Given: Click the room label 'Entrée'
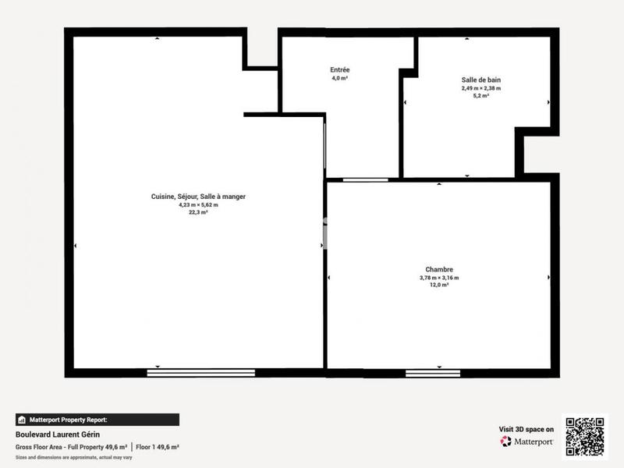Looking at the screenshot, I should coord(339,69).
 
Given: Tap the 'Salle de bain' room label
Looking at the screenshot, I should coord(480,80).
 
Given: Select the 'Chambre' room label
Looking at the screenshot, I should coord(439,269).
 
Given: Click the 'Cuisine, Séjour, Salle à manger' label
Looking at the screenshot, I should coord(198,197).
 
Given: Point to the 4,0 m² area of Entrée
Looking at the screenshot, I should coord(339,78).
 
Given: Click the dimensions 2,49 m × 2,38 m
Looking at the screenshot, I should coord(480,88).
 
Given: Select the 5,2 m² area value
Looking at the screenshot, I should coord(480,96).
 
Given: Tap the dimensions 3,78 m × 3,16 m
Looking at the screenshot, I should coord(439,278).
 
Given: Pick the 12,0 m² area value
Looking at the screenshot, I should coord(439,285).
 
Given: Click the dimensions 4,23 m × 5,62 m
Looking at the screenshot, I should coord(198,205).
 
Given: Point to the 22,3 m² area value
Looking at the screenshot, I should coord(198,212).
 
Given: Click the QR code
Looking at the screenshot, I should coord(584,437).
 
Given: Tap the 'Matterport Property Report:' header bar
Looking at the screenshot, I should coord(97,419).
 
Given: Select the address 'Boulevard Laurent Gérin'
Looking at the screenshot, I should coord(58,434).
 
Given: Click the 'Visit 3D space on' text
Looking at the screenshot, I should coord(526,429).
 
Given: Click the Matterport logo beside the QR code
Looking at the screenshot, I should coord(527,441).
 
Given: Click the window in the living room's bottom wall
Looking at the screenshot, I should coord(201,373).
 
